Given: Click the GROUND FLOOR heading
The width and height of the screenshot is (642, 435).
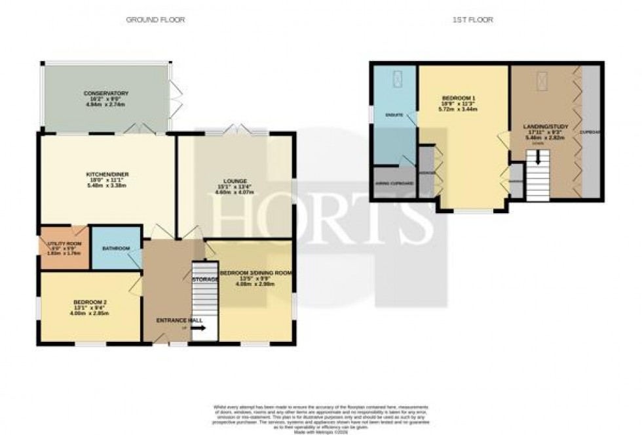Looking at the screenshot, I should click(155, 20).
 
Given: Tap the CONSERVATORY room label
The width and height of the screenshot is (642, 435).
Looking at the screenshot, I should click(106, 93).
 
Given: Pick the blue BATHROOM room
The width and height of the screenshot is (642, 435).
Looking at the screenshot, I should click(115, 248).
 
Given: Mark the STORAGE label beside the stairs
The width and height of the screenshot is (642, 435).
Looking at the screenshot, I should click(203, 280).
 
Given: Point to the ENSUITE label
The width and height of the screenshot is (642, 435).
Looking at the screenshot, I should click(394, 115).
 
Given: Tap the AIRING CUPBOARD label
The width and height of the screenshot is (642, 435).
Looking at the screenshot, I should click(394, 183).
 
